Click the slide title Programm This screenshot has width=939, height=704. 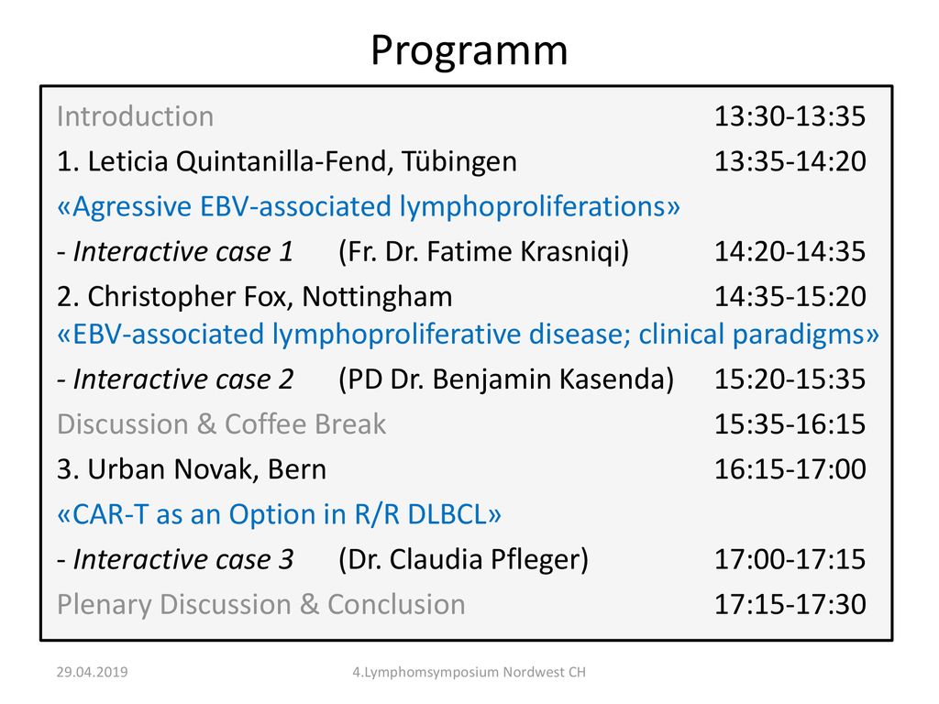pos(469,51)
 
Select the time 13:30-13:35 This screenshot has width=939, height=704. pos(790,116)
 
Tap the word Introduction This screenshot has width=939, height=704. pos(136,116)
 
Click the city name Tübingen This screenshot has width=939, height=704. pos(458,161)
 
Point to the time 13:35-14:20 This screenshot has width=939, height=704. pos(790,161)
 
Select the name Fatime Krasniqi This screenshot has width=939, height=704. pos(527,251)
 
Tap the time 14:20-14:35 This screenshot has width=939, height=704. pos(790,251)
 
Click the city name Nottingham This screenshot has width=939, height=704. pos(377,297)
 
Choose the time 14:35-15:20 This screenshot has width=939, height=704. pos(790,296)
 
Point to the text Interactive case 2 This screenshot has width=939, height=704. pos(183,379)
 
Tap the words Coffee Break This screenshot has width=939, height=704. pos(305,424)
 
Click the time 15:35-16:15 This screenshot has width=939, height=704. pos(790,423)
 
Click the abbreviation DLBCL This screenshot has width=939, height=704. pos(447,515)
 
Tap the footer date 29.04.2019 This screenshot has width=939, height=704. pos(93,672)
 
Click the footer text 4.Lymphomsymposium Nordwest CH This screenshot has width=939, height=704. pos(469,672)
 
